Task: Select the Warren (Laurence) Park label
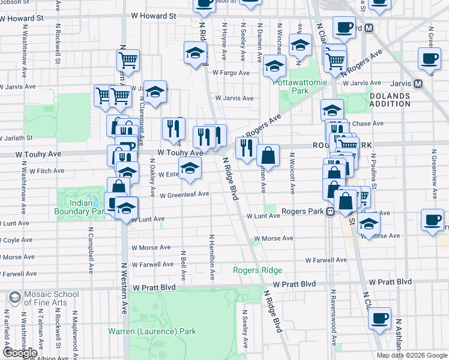point(152,331)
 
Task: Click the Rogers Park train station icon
point(330,212)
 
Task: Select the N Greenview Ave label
point(433,174)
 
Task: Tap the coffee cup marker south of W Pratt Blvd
point(379,318)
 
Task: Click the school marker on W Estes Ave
point(190,170)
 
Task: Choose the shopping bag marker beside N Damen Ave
point(268,155)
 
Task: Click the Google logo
point(20,353)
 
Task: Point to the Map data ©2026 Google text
point(411,355)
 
